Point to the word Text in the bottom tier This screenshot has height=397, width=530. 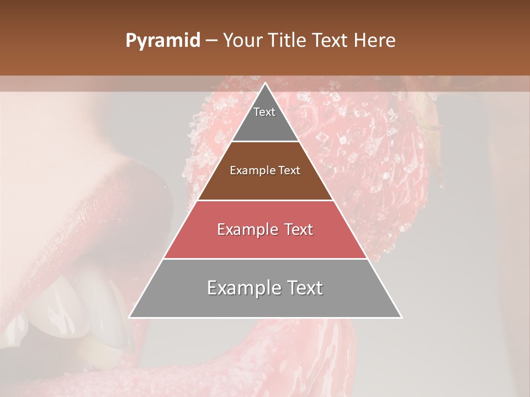[302, 288]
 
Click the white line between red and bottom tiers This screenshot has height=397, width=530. [265, 259]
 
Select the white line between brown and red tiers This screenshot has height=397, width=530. [265, 200]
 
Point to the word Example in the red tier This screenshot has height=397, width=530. [242, 229]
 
